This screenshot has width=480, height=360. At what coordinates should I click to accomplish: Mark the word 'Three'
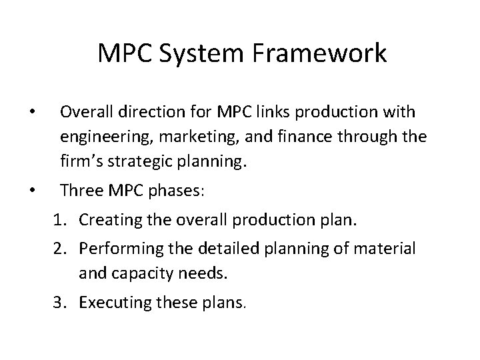[x=81, y=191]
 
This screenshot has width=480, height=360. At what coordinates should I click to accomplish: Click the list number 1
[x=59, y=222]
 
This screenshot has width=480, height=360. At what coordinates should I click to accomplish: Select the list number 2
[x=59, y=249]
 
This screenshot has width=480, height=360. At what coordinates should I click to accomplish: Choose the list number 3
[x=59, y=303]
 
